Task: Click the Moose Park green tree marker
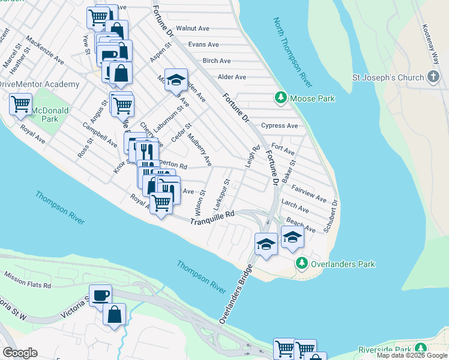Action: pos(280,97)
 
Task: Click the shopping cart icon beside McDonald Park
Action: pos(21,104)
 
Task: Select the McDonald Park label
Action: pos(50,114)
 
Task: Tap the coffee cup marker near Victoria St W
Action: pos(100,295)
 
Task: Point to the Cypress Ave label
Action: pos(279,126)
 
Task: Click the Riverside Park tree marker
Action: pos(421,349)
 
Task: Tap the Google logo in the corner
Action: pos(20,353)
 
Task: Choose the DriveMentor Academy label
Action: pos(38,84)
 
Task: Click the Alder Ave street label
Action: pos(232,77)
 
